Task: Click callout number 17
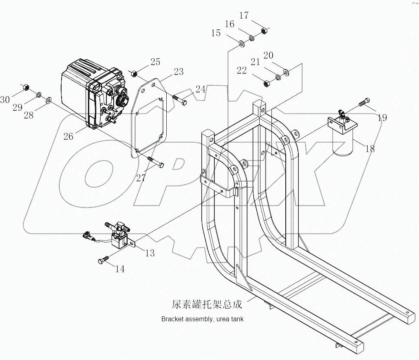coord(244,16)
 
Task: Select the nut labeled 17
coord(264,31)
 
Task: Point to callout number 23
coord(179,71)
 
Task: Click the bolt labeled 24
coord(179,100)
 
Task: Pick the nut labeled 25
coord(133,74)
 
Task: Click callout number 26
coord(68,136)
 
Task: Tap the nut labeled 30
coord(24,87)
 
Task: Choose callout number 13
coord(150,253)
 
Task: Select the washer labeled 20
coord(286,73)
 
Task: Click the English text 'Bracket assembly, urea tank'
coord(202,319)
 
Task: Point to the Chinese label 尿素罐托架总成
coord(207,305)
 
